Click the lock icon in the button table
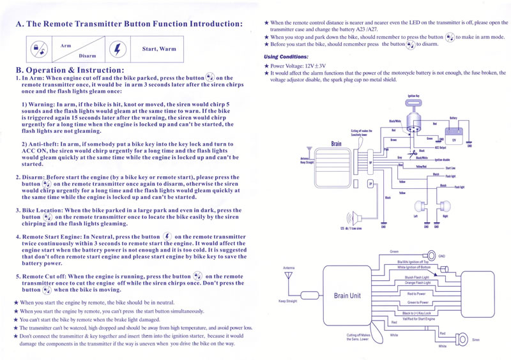click(38, 49)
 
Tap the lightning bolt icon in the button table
click(115, 49)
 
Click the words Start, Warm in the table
click(159, 49)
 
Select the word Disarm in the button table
click(87, 56)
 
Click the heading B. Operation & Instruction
click(70, 70)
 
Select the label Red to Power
click(417, 294)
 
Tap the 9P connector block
click(370, 163)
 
